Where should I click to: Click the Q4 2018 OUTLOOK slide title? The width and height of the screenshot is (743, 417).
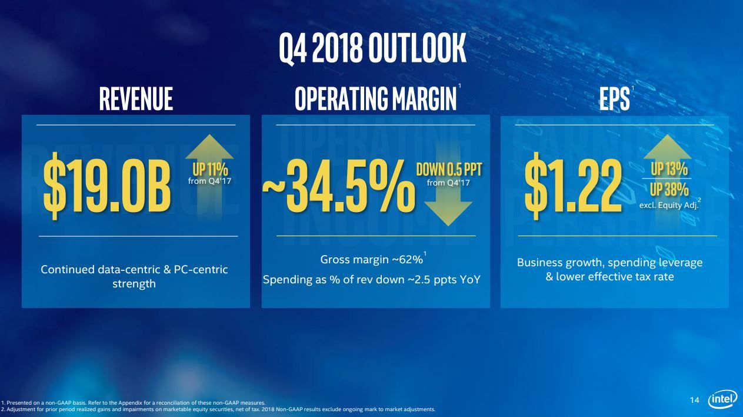(372, 48)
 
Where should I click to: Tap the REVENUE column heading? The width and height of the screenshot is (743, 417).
(136, 98)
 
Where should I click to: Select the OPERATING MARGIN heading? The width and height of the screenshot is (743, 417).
(375, 98)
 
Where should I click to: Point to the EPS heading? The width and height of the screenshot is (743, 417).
(614, 98)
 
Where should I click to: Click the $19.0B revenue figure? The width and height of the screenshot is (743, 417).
(107, 186)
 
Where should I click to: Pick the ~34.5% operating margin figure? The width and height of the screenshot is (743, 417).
(339, 186)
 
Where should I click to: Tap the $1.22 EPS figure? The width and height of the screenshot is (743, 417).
(573, 186)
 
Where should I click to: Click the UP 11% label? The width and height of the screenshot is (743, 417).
(210, 169)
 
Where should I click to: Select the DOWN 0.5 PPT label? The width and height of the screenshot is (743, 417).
(449, 169)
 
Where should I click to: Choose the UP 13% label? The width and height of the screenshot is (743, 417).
(669, 169)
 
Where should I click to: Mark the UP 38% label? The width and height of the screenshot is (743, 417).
(669, 190)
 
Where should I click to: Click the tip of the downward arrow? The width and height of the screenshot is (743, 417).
(448, 226)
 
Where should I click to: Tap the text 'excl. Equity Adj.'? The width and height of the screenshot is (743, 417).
(668, 205)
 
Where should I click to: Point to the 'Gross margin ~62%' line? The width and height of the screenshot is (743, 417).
(372, 260)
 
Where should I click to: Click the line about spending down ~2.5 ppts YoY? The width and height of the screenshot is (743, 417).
(372, 280)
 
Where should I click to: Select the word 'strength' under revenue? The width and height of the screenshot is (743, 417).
(134, 284)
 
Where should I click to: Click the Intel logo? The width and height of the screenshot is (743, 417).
(723, 399)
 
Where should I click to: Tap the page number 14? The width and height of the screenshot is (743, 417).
(695, 400)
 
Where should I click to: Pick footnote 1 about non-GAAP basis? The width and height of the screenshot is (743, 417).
(133, 403)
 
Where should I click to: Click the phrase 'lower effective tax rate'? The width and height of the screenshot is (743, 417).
(615, 277)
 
